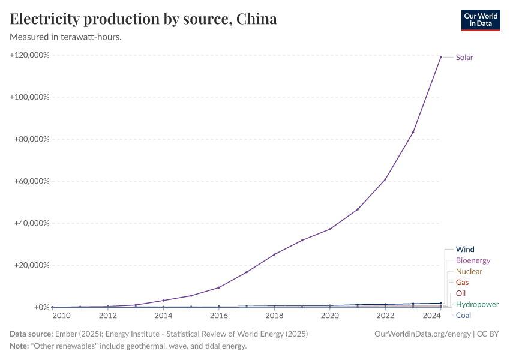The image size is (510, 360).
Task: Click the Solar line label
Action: pos(464,58)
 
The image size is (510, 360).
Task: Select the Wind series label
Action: pos(465,250)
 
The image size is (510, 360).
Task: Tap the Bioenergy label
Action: pos(473,260)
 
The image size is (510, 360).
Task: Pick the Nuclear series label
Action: pos(469,271)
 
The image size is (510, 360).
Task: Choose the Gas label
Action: pos(462,282)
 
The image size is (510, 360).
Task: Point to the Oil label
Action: pos(460,293)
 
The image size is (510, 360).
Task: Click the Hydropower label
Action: pos(477,304)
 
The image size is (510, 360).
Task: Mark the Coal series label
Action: pos(463,315)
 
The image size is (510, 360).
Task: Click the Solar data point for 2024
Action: pos(441,57)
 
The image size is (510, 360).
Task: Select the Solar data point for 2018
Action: pos(274,254)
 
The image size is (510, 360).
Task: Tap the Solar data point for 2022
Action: pos(385,179)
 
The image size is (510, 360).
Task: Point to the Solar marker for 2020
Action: pos(330,229)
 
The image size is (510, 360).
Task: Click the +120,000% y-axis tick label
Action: pos(29,55)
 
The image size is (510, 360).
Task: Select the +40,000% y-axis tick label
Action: pos(31,223)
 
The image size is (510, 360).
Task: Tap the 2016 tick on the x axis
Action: pos(219,315)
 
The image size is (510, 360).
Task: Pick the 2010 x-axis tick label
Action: pos(61,315)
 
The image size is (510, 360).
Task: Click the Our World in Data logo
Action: pos(480,20)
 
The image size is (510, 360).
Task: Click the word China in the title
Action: pos(256,19)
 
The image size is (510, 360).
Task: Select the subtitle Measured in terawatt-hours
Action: pos(66,37)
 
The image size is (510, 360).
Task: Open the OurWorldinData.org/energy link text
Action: pos(422,334)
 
